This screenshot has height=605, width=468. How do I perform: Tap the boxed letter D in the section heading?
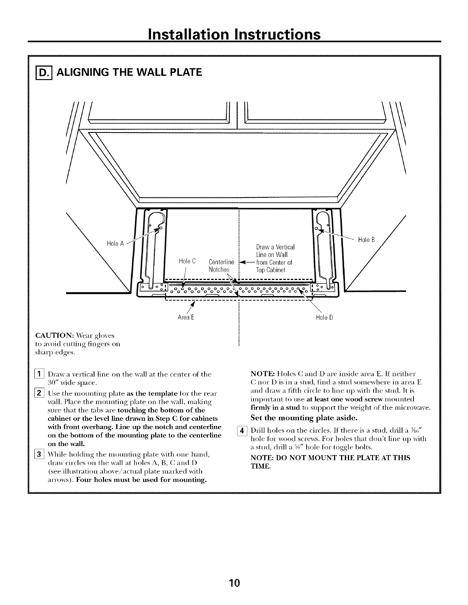[40, 71]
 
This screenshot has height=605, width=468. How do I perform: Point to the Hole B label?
[367, 240]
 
